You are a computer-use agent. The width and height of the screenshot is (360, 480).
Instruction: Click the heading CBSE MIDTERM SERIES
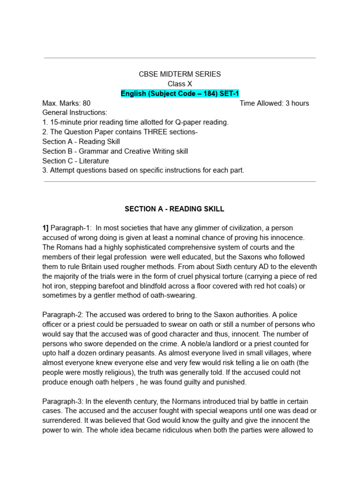click(180, 74)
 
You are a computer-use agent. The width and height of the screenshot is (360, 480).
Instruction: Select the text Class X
click(180, 84)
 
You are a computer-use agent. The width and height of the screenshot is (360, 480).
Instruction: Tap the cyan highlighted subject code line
click(180, 94)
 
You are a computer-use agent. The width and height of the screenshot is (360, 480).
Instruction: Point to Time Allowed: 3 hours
click(274, 103)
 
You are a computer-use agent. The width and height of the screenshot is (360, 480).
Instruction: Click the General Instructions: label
click(75, 113)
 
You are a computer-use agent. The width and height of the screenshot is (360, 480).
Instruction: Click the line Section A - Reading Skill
click(81, 142)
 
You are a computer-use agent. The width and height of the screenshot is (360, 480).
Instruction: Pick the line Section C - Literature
click(75, 161)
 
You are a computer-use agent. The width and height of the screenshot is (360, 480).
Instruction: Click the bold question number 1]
click(45, 228)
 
